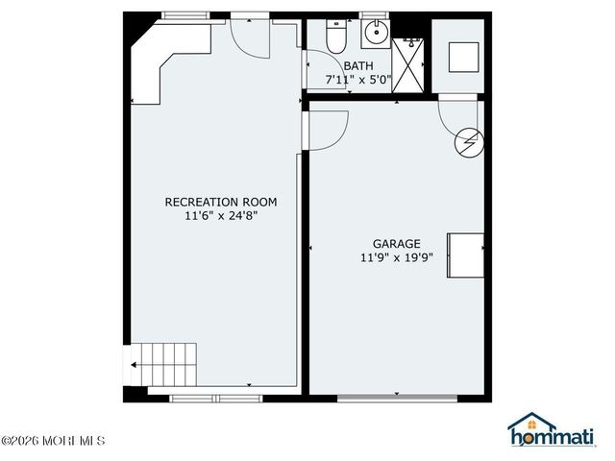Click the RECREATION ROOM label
(221, 202)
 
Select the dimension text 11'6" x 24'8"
(221, 217)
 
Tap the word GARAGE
(397, 244)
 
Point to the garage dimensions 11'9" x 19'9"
(397, 258)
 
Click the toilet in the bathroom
(335, 37)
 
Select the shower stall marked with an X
(410, 62)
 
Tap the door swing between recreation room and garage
(325, 129)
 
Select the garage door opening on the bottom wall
(397, 397)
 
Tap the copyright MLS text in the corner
(53, 442)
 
